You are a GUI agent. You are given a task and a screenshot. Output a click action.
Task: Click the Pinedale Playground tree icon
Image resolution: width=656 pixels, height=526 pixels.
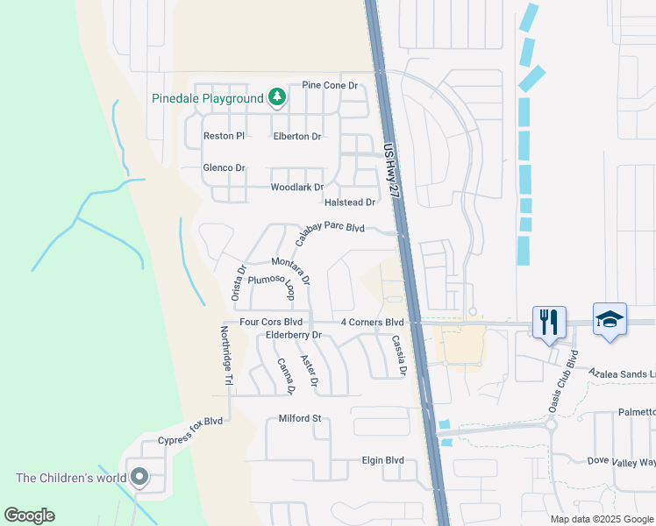tap(277, 97)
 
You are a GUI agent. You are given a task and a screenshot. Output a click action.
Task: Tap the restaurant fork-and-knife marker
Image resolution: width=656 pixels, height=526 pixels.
tap(549, 322)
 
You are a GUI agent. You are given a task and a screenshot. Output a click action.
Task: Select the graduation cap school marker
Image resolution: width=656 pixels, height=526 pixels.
tap(610, 319)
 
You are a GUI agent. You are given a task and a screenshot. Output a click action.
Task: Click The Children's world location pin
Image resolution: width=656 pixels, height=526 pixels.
tap(139, 478)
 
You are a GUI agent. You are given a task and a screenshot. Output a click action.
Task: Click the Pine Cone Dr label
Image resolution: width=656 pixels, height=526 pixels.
tap(330, 86)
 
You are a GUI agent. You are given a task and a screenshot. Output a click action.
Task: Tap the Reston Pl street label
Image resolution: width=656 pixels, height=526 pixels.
tap(224, 136)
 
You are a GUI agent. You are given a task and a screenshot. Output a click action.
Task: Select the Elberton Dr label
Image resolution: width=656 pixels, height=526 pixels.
tap(297, 137)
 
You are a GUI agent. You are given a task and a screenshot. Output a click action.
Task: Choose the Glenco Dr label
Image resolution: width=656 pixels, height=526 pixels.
tap(224, 167)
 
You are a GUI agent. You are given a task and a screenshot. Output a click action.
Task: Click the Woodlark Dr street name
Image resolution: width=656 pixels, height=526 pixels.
tap(297, 188)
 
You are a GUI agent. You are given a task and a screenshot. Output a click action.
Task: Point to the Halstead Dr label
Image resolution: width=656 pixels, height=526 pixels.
tap(350, 203)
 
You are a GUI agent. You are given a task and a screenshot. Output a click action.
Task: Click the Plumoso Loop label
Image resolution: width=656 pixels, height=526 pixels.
tap(270, 285)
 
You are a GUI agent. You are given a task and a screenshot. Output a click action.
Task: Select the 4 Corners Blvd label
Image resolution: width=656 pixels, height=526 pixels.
tap(372, 323)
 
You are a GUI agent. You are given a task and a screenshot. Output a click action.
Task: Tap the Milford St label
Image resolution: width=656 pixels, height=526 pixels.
tap(301, 419)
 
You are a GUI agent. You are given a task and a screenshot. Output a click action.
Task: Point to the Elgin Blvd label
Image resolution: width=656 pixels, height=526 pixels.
tap(383, 460)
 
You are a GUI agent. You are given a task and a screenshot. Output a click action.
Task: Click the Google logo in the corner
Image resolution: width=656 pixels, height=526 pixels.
tap(29, 515)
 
